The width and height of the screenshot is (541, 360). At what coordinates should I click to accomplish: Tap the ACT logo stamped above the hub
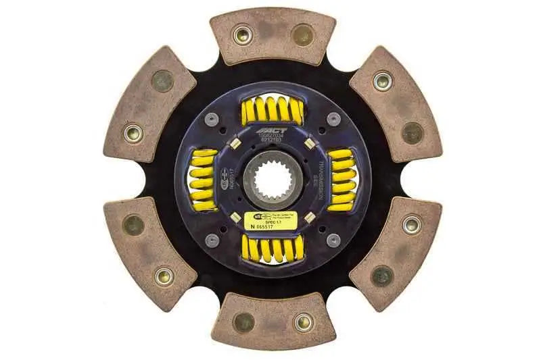[273, 130]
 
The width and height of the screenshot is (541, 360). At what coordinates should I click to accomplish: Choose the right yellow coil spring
[342, 179]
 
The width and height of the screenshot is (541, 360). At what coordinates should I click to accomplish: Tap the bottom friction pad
[273, 321]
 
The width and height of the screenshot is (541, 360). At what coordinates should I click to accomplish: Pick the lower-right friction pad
[396, 253]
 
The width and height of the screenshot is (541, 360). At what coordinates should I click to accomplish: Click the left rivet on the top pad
[241, 34]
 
